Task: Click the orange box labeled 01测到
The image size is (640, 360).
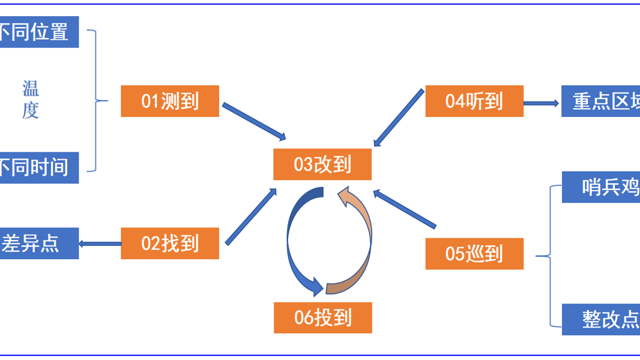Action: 170,101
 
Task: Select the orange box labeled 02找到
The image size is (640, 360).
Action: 170,244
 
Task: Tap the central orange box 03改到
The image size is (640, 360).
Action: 322,164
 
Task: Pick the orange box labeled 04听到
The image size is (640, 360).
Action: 474,101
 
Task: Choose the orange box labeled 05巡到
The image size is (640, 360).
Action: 474,254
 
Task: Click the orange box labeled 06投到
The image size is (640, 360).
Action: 322,317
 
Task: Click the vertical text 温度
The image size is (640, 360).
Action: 31,100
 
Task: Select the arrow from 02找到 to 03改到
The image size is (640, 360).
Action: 251,217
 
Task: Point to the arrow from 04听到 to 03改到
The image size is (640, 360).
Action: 399,118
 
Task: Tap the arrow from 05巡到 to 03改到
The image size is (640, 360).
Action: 405,209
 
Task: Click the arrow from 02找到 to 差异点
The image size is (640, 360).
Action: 100,244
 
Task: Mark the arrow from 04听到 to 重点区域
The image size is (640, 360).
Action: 542,103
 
